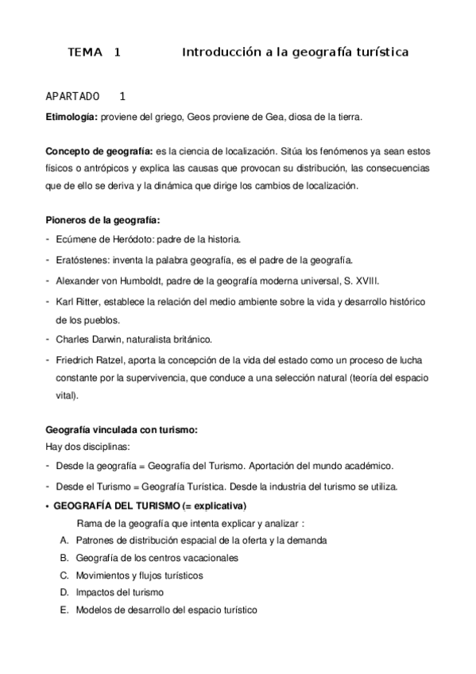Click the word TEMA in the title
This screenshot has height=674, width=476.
[x=86, y=52]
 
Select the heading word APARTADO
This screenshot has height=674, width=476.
[x=73, y=97]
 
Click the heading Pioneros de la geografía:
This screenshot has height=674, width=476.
[x=103, y=220]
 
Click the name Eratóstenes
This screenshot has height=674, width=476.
[x=83, y=260]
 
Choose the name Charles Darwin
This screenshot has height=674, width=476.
[x=90, y=339]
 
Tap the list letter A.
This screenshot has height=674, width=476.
[x=64, y=540]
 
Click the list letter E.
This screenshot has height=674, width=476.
[x=64, y=610]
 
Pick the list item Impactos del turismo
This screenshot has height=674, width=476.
[x=120, y=593]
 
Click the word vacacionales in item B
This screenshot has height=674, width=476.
[x=210, y=558]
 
